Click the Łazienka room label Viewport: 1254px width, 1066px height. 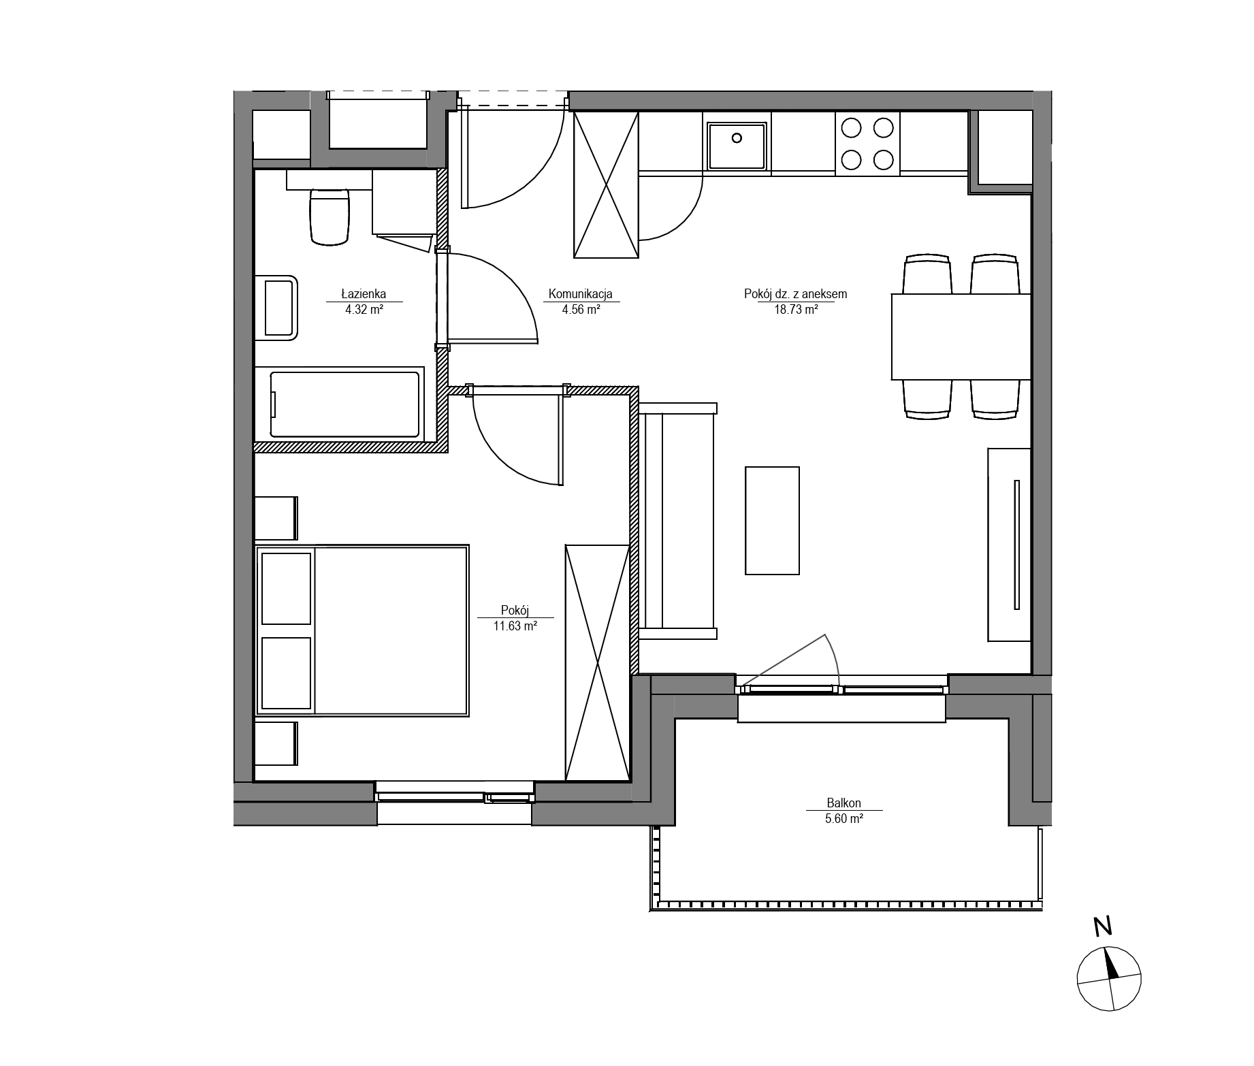(x=364, y=294)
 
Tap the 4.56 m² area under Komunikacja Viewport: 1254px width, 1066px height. (x=581, y=310)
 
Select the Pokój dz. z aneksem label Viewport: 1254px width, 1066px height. (x=795, y=294)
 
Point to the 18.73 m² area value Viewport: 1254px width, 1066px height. (x=795, y=310)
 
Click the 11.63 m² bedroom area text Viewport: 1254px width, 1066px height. (x=515, y=626)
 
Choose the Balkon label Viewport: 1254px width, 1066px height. (x=844, y=803)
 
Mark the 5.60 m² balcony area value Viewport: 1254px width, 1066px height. (x=844, y=819)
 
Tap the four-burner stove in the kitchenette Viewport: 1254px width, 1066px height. (x=867, y=143)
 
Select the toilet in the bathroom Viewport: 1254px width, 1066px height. (x=329, y=216)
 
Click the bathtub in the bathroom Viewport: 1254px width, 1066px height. (x=345, y=404)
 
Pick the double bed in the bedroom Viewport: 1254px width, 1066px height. (x=362, y=630)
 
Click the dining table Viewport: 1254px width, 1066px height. (x=961, y=336)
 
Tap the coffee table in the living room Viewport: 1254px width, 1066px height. (x=772, y=521)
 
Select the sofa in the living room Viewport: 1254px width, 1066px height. (x=678, y=521)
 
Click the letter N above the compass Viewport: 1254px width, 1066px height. (x=1102, y=926)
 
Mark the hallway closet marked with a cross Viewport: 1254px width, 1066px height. (x=607, y=185)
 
